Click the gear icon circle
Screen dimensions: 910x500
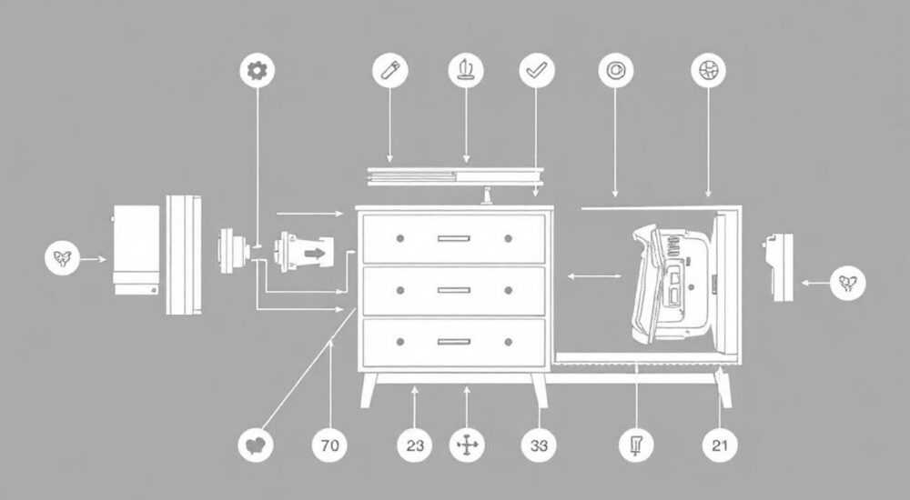(258, 70)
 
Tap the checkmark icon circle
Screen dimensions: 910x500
(536, 70)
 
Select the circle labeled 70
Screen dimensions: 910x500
(329, 445)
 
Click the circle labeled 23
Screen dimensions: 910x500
(414, 445)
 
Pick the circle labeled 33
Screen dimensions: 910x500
(539, 445)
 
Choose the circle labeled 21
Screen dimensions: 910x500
(720, 445)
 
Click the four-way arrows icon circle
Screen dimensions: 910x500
(467, 445)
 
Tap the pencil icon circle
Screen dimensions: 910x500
(390, 70)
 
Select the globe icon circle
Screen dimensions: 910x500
(708, 70)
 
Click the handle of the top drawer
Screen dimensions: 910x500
(454, 238)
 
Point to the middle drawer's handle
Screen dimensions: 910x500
(454, 290)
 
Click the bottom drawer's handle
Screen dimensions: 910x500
(454, 342)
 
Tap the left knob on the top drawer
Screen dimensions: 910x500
(399, 238)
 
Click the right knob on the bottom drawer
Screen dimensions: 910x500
(509, 342)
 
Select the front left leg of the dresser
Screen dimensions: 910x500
(368, 390)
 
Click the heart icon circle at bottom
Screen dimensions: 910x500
(256, 445)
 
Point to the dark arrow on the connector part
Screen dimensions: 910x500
(315, 254)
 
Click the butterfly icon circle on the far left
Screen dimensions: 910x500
(62, 258)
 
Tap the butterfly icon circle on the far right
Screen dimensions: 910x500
(847, 283)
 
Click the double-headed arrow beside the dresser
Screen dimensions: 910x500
(594, 276)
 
